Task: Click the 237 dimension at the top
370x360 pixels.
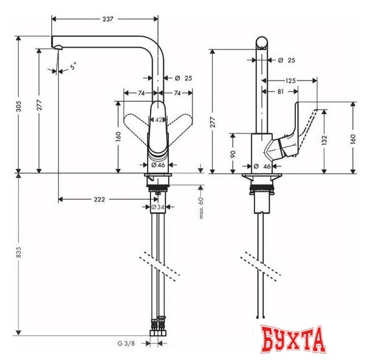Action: [x=108, y=19]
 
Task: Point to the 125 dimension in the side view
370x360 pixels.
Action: [x=291, y=81]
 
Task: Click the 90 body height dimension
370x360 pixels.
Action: [x=231, y=153]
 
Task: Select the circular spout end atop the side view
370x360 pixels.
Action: [x=262, y=43]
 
